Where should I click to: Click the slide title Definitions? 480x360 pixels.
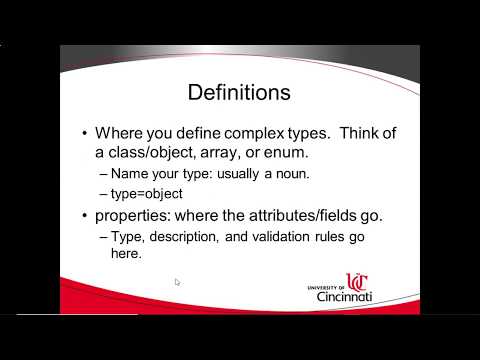[x=240, y=93]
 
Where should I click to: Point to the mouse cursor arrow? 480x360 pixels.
[x=177, y=282]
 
